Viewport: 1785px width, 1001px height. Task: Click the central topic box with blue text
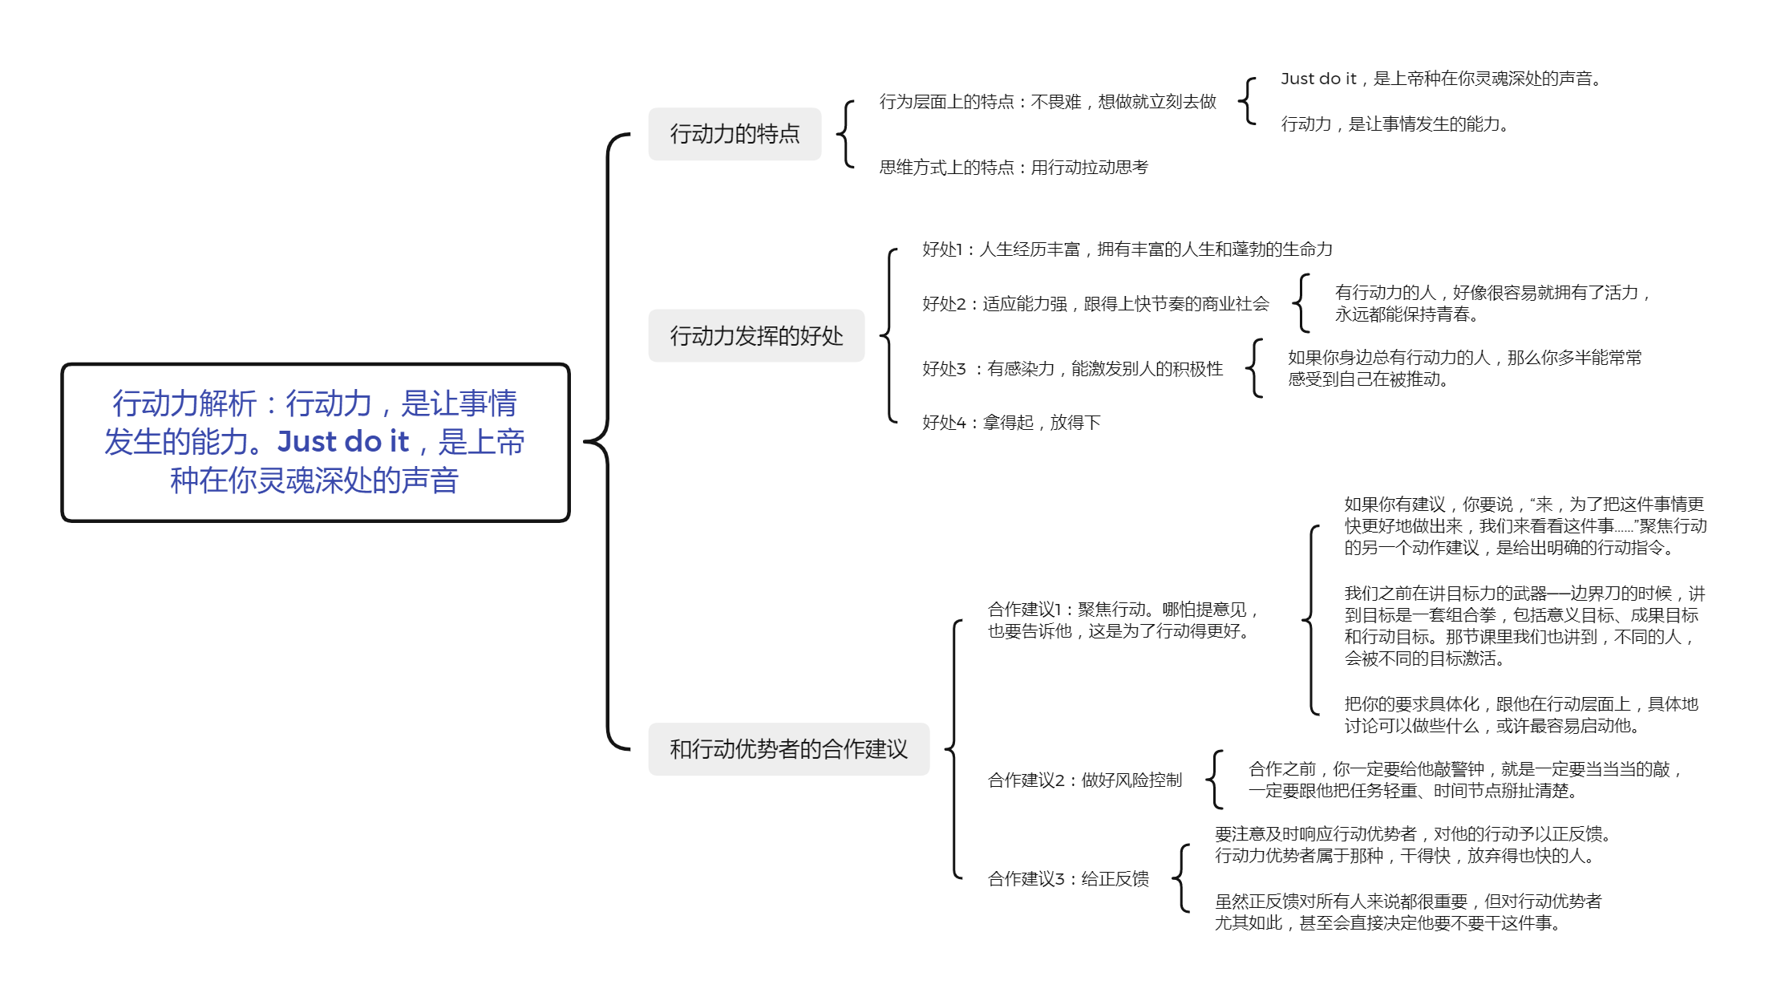[x=315, y=442]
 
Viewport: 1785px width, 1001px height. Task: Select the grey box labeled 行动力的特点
[x=735, y=134]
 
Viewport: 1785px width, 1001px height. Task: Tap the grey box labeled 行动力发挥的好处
[x=756, y=335]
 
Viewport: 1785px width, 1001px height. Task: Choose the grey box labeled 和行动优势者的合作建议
[x=788, y=749]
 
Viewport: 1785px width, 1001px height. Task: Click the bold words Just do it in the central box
[x=343, y=441]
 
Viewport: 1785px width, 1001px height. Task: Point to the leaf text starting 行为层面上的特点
[x=1047, y=102]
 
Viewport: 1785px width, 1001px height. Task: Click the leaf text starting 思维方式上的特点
[x=1014, y=167]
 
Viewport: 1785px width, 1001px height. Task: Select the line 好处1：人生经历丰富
[x=1127, y=249]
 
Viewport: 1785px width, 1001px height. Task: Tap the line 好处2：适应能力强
[x=1095, y=304]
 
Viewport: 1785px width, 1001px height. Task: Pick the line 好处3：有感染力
[x=1073, y=369]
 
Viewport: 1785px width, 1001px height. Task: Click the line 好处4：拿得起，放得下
[x=1011, y=423]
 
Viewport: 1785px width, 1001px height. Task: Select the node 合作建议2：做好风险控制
[x=1085, y=780]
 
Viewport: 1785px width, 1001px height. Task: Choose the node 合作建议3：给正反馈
[x=1068, y=879]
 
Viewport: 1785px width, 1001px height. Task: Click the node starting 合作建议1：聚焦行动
[x=1123, y=620]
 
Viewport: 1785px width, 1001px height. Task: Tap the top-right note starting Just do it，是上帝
[x=1441, y=79]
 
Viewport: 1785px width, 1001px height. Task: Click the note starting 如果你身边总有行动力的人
[x=1464, y=368]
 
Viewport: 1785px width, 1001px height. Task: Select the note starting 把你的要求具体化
[x=1521, y=715]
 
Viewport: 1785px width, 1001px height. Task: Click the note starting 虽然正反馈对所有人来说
[x=1408, y=912]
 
